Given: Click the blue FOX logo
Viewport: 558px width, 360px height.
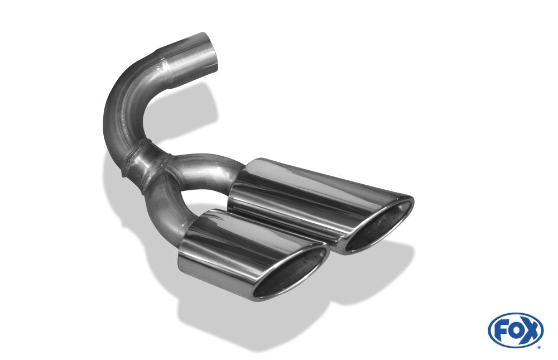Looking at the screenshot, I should pyautogui.click(x=515, y=330).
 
